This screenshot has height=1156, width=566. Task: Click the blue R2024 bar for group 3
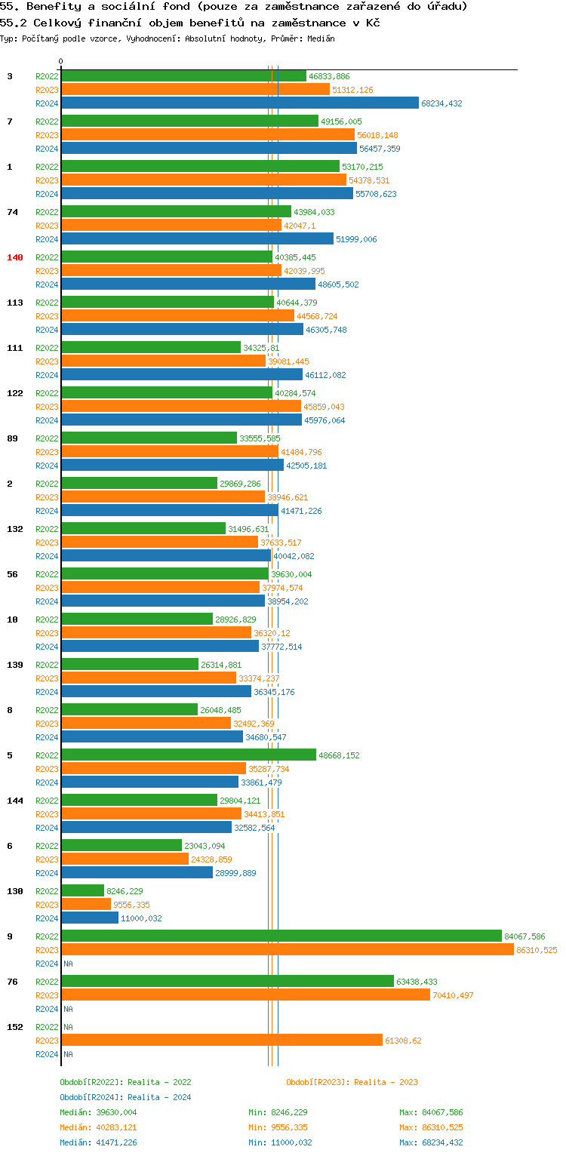(240, 103)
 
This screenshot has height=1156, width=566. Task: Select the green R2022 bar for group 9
(281, 936)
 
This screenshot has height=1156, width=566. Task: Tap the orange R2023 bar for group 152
(222, 1041)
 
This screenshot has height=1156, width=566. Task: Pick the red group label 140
(15, 257)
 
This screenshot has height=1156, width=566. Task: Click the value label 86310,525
(537, 950)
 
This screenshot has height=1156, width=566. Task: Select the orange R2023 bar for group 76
(245, 995)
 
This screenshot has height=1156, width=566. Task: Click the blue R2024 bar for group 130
(90, 918)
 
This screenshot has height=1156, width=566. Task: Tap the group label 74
(12, 212)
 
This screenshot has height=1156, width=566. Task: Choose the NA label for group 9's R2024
(68, 964)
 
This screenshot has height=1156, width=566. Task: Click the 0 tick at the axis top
(61, 62)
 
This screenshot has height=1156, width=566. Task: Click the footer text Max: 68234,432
(431, 1142)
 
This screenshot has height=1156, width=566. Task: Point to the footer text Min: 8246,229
(278, 1112)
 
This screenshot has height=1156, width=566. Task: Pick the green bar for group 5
(189, 755)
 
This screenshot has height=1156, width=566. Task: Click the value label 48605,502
(338, 284)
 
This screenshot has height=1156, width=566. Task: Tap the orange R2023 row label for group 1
(47, 180)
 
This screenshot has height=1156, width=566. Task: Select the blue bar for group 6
(137, 873)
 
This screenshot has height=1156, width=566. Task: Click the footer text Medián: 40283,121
(98, 1127)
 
